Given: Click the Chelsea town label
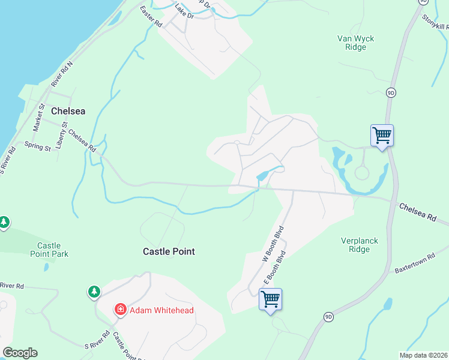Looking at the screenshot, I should [68, 111].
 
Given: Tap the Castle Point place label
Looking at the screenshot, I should [169, 251].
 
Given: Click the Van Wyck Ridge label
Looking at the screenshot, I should [355, 43].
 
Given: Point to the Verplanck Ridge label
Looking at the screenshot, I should [360, 245].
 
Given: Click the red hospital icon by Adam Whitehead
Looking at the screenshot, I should [121, 310].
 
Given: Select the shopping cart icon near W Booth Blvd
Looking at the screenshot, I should [270, 298].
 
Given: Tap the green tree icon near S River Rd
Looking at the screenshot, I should [94, 292].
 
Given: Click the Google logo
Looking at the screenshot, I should [20, 353].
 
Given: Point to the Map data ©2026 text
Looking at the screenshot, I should [423, 355].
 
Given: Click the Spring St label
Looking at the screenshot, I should [37, 146].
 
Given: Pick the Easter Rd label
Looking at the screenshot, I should [151, 17].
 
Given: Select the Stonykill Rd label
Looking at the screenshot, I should [435, 22].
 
